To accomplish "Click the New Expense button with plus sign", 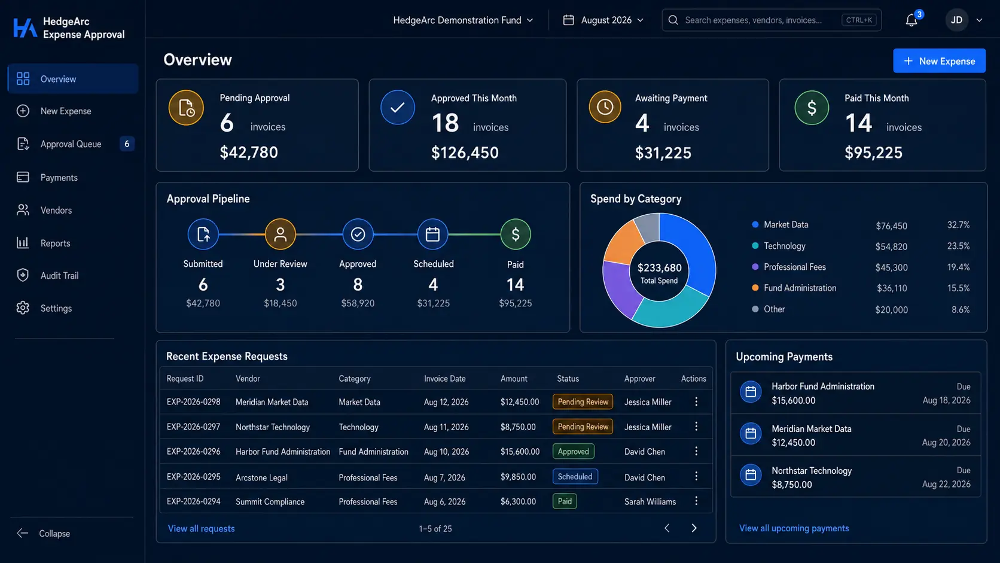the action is coord(939,60).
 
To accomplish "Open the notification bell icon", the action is coord(911,20).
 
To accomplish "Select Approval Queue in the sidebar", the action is coord(71,144).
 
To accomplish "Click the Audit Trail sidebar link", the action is coord(59,275).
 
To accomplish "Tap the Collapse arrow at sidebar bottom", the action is coord(22,533).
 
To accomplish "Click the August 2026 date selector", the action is coord(603,20).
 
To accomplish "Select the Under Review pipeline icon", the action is coord(281,234).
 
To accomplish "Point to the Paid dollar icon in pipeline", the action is coord(515,234).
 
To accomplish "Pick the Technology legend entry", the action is coord(784,246).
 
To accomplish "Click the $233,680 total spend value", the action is coord(659,267).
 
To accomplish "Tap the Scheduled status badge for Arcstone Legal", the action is coord(575,476).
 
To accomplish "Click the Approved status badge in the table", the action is coord(573,451).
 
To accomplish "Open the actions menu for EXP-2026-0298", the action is coord(696,402).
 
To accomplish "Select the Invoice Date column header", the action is coord(444,379).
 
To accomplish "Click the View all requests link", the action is coord(202,529).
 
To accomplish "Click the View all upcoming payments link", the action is coord(794,528).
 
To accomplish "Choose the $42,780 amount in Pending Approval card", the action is coord(249,152).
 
